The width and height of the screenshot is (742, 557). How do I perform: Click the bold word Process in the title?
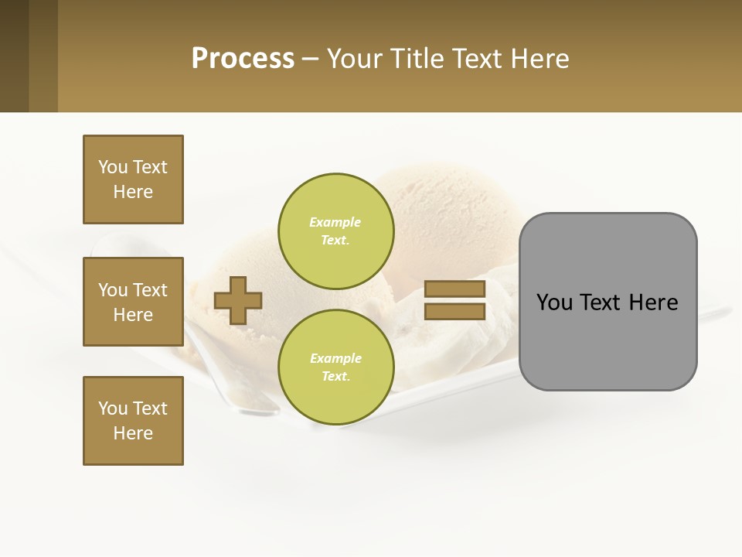243,59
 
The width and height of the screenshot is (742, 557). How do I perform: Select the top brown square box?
133,179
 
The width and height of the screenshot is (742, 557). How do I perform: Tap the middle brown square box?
133,302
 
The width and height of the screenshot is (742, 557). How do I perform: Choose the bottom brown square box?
133,421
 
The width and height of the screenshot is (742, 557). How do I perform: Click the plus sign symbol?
238,300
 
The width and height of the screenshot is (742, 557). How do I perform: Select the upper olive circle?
335,231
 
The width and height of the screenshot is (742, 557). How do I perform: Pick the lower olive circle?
335,367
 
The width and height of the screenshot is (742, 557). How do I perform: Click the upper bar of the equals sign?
454,289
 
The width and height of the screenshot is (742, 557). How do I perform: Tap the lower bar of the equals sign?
454,311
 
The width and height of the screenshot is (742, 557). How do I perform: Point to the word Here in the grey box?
653,302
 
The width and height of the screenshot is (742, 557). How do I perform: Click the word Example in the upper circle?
335,222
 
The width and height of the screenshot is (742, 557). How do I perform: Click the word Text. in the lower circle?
335,377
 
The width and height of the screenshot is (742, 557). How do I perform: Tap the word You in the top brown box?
112,167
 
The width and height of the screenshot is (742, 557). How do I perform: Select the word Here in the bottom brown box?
133,433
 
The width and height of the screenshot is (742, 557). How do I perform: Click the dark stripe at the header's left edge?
14,56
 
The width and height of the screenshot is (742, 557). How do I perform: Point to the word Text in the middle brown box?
150,290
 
